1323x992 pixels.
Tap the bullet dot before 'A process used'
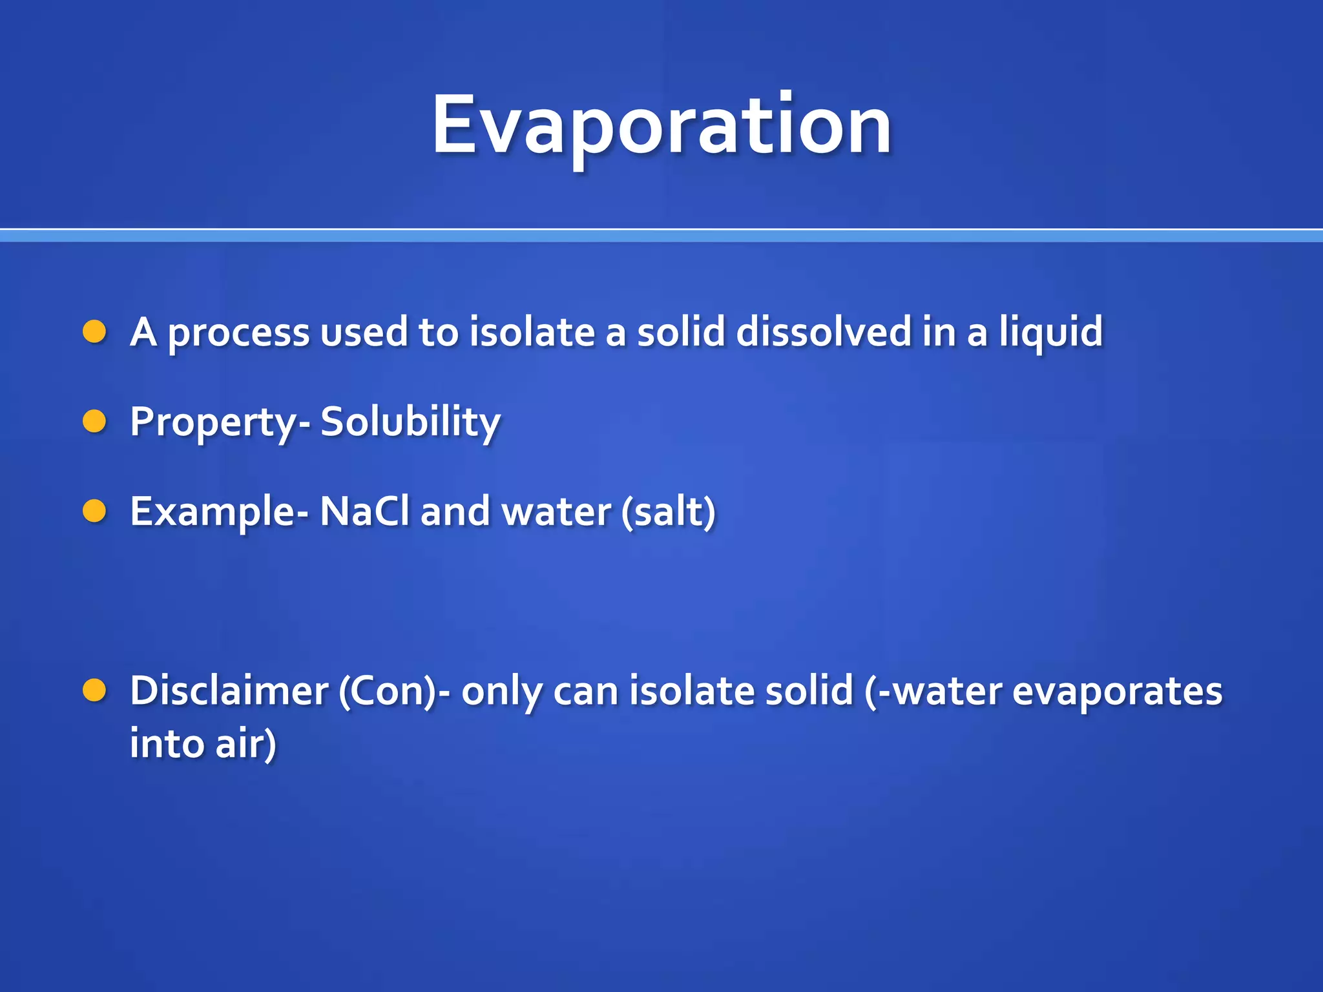(x=94, y=332)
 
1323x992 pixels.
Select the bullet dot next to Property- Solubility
(x=94, y=421)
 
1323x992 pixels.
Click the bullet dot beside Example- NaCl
(x=94, y=511)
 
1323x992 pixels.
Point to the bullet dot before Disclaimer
(x=94, y=690)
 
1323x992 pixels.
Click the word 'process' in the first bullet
(x=238, y=333)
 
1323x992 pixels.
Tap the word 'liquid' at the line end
(x=1051, y=333)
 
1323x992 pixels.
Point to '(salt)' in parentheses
(x=669, y=512)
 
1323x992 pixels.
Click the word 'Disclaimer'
(x=229, y=690)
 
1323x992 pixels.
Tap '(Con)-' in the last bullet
(x=394, y=692)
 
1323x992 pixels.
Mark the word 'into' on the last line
(x=167, y=743)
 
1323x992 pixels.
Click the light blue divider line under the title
(x=661, y=236)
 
